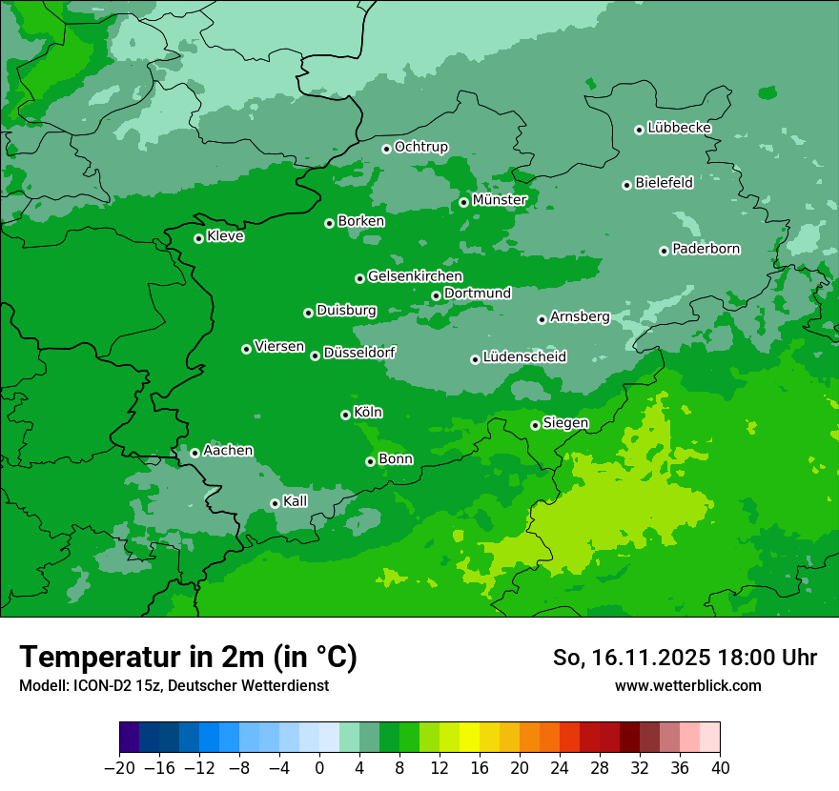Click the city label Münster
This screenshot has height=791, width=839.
pos(500,200)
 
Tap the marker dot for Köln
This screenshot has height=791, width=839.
pos(345,415)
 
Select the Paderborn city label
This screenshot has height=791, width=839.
pos(706,249)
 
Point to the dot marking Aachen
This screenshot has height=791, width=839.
pos(194,453)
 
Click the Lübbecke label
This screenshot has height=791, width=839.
pos(679,128)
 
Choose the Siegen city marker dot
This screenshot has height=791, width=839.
pos(535,425)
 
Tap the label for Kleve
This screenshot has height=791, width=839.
pos(225,236)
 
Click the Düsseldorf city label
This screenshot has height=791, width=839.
pos(359,353)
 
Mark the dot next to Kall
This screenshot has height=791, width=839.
pos(275,503)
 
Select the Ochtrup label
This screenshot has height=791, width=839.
pos(420,147)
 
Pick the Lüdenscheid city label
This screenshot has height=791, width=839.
pos(524,357)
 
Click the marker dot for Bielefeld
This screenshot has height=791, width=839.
pos(626,185)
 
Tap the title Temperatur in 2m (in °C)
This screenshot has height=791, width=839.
pos(188,658)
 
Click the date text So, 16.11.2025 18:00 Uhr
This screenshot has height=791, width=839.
pos(685,658)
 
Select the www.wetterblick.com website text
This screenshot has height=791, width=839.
pos(687,685)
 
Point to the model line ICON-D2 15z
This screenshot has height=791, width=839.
pos(174,685)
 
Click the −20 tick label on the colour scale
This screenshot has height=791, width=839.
pos(119,768)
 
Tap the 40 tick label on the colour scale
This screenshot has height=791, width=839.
pos(720,768)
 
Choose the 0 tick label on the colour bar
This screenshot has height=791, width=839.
pos(319,768)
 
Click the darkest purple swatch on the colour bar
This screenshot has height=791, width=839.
pos(130,738)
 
